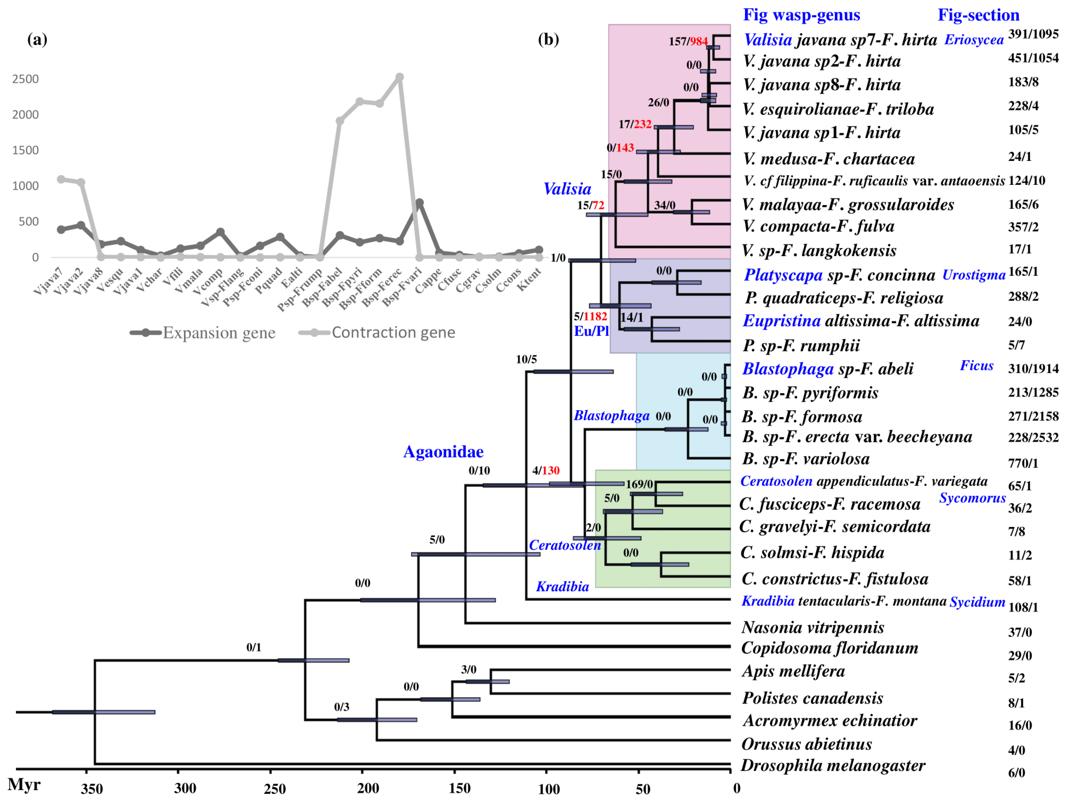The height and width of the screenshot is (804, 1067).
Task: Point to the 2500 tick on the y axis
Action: coord(25,79)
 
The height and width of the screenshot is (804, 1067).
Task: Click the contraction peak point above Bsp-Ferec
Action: coord(399,77)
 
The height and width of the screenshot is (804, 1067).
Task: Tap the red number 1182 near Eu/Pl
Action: coord(595,316)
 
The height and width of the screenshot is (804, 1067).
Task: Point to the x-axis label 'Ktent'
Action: coord(530,280)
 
